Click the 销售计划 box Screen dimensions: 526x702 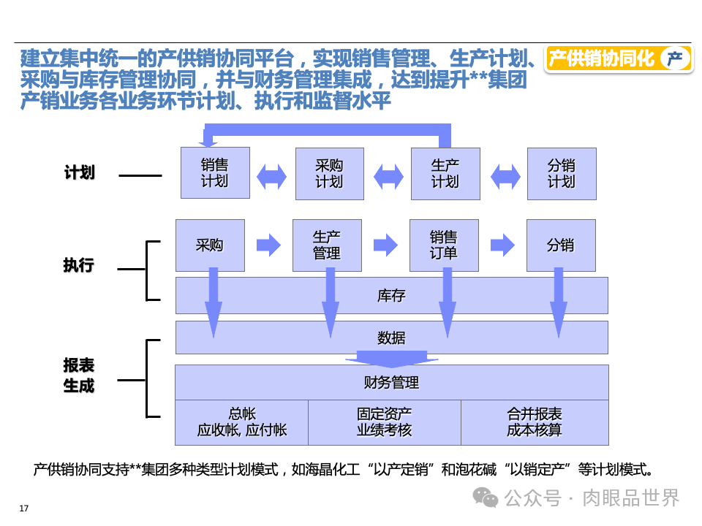(215, 173)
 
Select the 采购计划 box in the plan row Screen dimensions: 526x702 (329, 174)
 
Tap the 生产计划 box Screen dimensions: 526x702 (445, 174)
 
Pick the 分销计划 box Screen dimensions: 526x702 (561, 174)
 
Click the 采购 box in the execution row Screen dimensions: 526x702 (209, 245)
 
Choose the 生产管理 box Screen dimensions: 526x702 (327, 245)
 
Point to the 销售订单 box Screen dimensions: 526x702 (443, 245)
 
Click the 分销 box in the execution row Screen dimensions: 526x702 (560, 245)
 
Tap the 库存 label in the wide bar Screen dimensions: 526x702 (391, 296)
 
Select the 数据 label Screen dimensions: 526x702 (391, 338)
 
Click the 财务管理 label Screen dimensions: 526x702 (391, 382)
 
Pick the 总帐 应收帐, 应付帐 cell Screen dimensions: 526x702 (241, 422)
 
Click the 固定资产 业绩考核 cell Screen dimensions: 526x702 (384, 422)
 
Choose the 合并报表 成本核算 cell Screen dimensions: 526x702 (535, 422)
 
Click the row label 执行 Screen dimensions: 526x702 (79, 264)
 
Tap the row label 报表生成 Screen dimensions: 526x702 (79, 376)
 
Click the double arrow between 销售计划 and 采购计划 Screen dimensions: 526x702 (272, 176)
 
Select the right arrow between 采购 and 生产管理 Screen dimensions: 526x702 (268, 245)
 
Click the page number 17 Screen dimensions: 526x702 (23, 508)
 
